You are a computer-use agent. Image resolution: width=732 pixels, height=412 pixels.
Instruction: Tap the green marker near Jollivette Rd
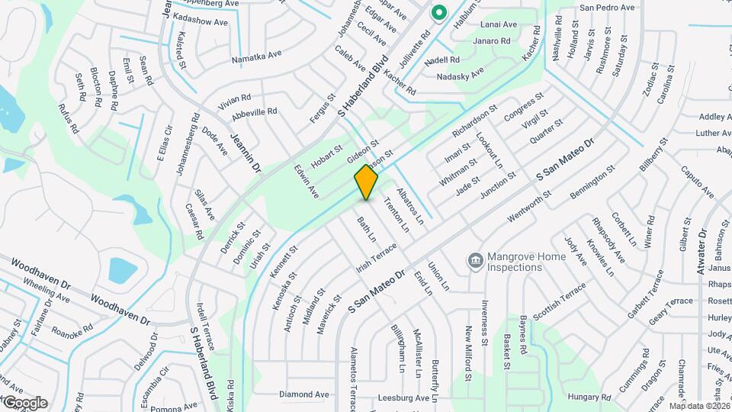438,13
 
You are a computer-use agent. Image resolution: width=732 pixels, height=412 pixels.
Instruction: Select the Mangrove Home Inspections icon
475,262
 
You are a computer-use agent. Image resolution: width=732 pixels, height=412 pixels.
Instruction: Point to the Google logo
24,402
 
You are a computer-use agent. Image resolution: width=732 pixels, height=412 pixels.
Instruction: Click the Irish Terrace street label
377,259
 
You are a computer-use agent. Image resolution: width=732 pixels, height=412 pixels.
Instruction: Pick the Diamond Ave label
303,394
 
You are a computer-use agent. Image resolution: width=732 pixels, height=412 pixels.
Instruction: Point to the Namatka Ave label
256,56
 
